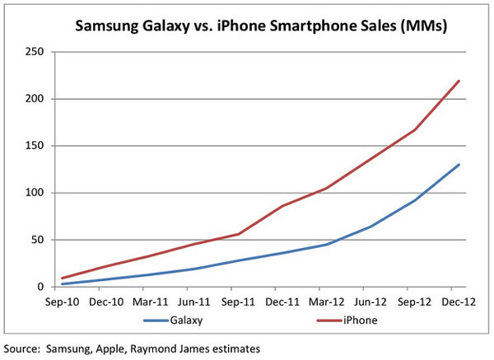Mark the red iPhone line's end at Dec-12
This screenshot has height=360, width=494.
pos(459,81)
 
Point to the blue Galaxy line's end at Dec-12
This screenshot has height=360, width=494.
pos(459,165)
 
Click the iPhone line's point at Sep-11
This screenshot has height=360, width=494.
pos(239,234)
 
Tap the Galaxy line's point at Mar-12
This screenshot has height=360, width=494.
pos(327,245)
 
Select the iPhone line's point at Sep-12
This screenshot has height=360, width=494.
pos(415,129)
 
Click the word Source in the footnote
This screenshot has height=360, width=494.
pos(26,348)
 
